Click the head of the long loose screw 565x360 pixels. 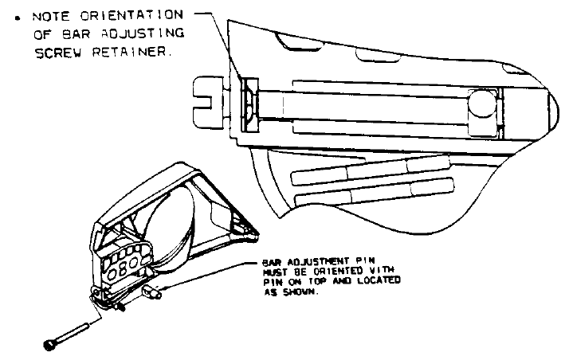[x=49, y=345]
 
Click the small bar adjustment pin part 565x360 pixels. [x=151, y=292]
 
